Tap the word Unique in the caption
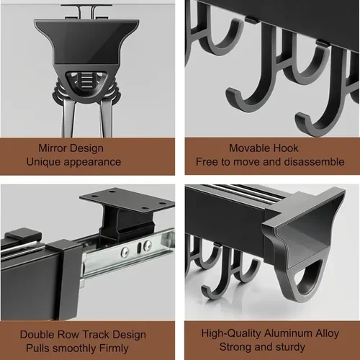point(45,162)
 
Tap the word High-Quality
point(229,334)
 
